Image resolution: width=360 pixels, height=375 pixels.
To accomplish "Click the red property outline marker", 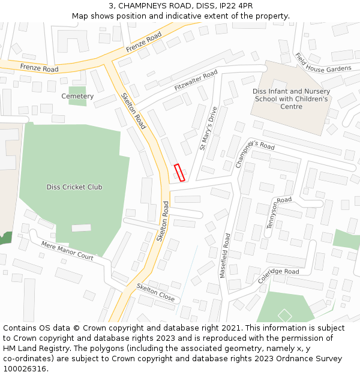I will (x=179, y=172).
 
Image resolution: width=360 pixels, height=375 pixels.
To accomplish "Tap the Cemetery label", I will (x=77, y=96).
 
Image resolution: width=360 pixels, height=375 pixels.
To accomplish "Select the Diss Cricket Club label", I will (x=74, y=187).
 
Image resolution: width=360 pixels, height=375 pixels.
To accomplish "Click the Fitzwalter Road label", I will (x=196, y=81).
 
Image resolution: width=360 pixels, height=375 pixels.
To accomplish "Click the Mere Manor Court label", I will (x=67, y=251).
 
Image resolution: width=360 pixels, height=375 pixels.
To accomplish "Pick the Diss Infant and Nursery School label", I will (x=291, y=99).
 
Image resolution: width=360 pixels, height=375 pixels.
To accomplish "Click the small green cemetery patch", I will (x=77, y=96).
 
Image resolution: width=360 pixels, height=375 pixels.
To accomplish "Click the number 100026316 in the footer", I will (x=25, y=368).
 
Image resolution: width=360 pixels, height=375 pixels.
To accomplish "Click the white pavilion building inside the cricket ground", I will (x=81, y=228).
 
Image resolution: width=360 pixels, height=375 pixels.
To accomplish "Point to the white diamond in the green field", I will (x=285, y=315).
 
